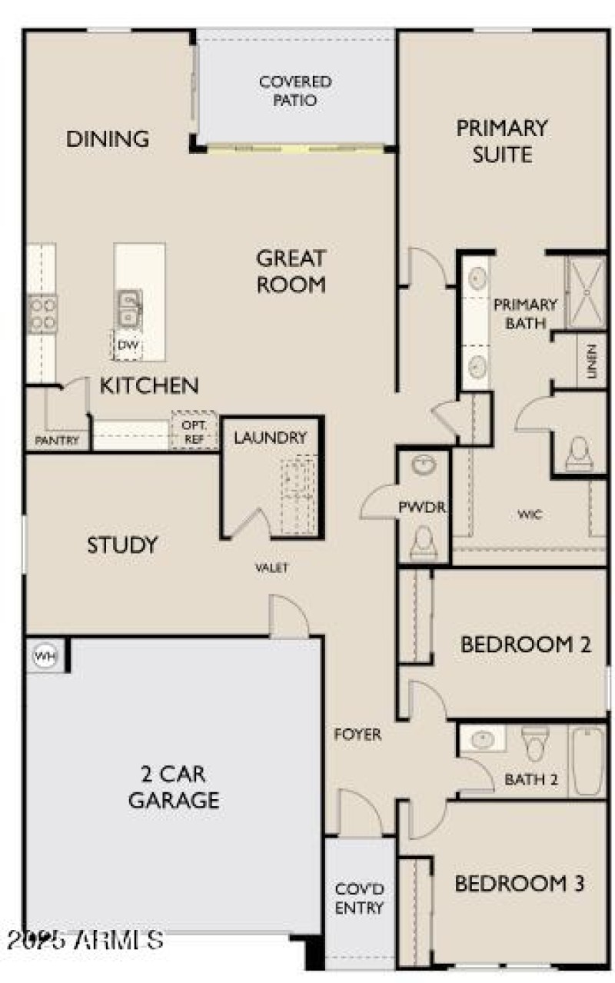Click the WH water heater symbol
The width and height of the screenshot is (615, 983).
[x=45, y=656]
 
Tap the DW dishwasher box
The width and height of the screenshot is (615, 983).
[x=128, y=345]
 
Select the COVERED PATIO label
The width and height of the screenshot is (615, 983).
[x=295, y=91]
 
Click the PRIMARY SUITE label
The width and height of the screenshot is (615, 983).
[x=503, y=140]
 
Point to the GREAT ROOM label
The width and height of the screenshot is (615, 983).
[x=291, y=271]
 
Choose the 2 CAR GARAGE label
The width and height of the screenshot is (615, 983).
[x=174, y=786]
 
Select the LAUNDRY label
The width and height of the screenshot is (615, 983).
[x=270, y=438]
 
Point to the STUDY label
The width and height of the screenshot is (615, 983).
[x=122, y=545]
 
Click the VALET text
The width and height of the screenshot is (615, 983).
[x=272, y=568]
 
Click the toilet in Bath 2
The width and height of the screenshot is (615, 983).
[x=533, y=743]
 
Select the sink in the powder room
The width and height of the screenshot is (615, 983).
[x=423, y=465]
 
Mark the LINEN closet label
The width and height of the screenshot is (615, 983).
[x=591, y=360]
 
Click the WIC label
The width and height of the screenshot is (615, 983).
[x=530, y=515]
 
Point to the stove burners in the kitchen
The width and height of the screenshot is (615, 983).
[x=42, y=313]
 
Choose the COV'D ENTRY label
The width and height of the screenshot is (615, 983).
[x=359, y=898]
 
